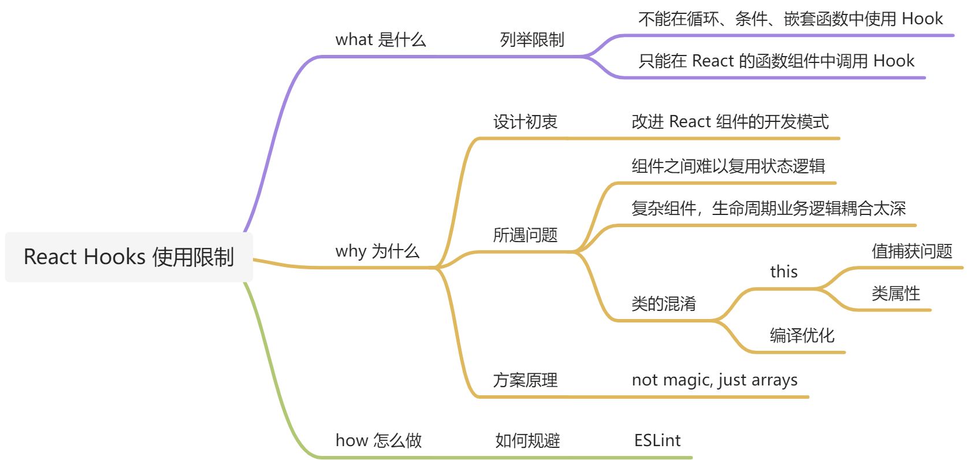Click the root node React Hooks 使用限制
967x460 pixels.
[x=128, y=257]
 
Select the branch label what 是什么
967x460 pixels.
[x=380, y=39]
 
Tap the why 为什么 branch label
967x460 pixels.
[x=377, y=251]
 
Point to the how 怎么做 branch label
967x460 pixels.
[x=378, y=440]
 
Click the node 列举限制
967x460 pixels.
[x=531, y=39]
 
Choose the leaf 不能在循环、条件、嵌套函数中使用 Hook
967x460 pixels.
[x=790, y=19]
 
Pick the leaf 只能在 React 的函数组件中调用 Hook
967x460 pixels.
[x=776, y=61]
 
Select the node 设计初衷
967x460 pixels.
[x=525, y=121]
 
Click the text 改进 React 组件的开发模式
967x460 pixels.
[x=730, y=121]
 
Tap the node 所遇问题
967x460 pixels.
[x=525, y=235]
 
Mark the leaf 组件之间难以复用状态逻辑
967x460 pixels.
[x=728, y=166]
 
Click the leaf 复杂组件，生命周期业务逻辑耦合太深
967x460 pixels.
[x=768, y=208]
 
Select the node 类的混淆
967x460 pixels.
[x=663, y=303]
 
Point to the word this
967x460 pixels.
[x=783, y=272]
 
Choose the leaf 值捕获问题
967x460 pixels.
[x=911, y=251]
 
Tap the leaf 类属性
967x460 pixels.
[x=895, y=293]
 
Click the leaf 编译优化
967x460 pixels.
[x=802, y=335]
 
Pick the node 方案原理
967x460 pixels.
[x=525, y=380]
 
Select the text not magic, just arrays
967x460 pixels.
[x=714, y=380]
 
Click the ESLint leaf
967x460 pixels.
[x=657, y=440]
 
